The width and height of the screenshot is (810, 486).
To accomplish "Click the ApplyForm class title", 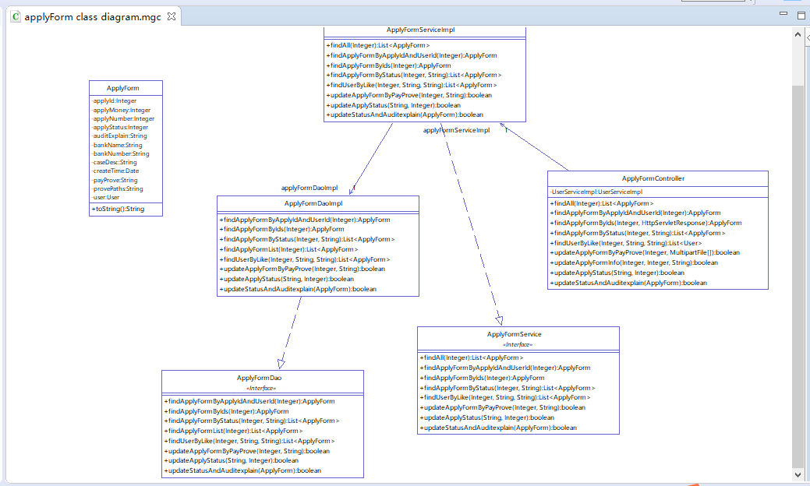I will coord(122,88).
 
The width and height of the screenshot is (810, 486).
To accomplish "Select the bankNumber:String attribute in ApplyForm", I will coord(120,153).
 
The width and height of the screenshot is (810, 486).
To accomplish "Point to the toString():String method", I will coord(118,209).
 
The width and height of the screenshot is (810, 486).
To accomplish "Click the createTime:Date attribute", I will coord(115,171).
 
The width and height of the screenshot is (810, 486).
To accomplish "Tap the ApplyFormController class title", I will coord(653,178).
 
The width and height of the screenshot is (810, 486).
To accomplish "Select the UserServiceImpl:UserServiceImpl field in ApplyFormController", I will coord(596,192).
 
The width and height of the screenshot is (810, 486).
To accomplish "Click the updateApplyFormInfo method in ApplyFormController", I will coord(634,262).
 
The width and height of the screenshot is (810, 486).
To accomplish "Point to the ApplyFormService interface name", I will coord(514,334).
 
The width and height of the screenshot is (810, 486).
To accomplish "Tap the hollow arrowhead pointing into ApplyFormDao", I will coord(281,363).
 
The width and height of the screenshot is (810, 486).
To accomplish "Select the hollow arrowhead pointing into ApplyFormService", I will coord(499,319).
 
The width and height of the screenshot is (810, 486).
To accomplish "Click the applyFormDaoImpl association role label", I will coord(309,188).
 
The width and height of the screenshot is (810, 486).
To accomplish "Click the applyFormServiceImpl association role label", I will coord(456,130).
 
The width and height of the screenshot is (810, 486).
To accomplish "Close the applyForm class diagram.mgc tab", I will coord(172,16).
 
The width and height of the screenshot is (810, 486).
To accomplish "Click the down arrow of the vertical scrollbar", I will coord(798,474).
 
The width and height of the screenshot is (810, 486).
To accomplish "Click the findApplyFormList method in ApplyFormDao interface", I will coord(233,431).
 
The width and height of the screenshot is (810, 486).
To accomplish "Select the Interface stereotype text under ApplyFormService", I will coord(518,344).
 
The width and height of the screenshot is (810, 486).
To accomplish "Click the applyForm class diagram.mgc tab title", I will coord(93,16).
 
